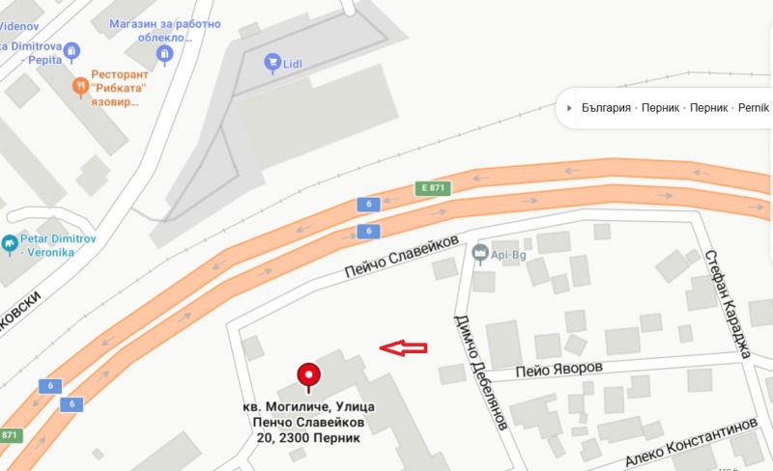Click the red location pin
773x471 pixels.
point(308,374)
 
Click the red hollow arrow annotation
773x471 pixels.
point(403,348)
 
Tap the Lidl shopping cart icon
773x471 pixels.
point(272,63)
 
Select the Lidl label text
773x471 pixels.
point(294,64)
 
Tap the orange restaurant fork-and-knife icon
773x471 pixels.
point(81,88)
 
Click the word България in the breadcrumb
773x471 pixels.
point(606,107)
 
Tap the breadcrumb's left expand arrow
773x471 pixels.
point(570,107)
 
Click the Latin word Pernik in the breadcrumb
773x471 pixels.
point(753,107)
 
